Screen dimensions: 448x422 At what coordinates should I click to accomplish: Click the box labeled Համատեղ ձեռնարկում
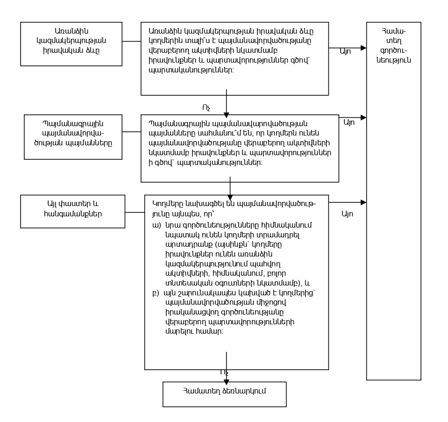(x=224, y=394)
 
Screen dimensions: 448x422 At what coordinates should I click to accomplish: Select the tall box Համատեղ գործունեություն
(x=393, y=201)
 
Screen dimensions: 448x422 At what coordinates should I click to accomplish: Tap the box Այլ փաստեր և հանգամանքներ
(x=72, y=211)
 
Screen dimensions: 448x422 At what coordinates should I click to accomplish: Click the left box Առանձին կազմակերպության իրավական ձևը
(x=71, y=44)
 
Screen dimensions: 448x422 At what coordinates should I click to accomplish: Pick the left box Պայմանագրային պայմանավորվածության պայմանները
(x=73, y=137)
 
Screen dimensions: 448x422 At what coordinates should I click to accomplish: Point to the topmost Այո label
(x=345, y=52)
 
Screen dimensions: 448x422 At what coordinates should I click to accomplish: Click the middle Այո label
(x=349, y=122)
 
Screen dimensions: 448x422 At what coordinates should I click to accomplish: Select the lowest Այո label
(x=348, y=214)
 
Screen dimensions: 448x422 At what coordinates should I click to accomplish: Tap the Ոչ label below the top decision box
(x=206, y=108)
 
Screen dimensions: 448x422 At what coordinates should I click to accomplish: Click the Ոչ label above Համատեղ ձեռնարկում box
(x=224, y=372)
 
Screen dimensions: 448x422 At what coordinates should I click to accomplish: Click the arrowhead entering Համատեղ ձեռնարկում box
(x=226, y=382)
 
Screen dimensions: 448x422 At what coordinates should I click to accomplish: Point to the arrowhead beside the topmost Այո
(x=363, y=48)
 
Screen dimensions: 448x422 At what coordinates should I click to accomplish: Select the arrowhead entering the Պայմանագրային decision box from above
(x=226, y=115)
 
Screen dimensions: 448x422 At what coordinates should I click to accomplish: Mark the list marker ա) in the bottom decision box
(x=156, y=225)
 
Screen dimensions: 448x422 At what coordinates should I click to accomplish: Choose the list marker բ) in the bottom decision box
(x=156, y=293)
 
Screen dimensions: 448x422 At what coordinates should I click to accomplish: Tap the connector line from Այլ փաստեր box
(x=135, y=213)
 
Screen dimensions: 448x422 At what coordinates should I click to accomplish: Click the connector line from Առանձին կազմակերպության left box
(x=132, y=41)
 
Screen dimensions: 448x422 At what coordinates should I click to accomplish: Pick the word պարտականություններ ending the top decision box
(x=191, y=70)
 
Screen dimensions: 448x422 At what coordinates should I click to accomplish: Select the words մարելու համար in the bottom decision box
(x=194, y=332)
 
